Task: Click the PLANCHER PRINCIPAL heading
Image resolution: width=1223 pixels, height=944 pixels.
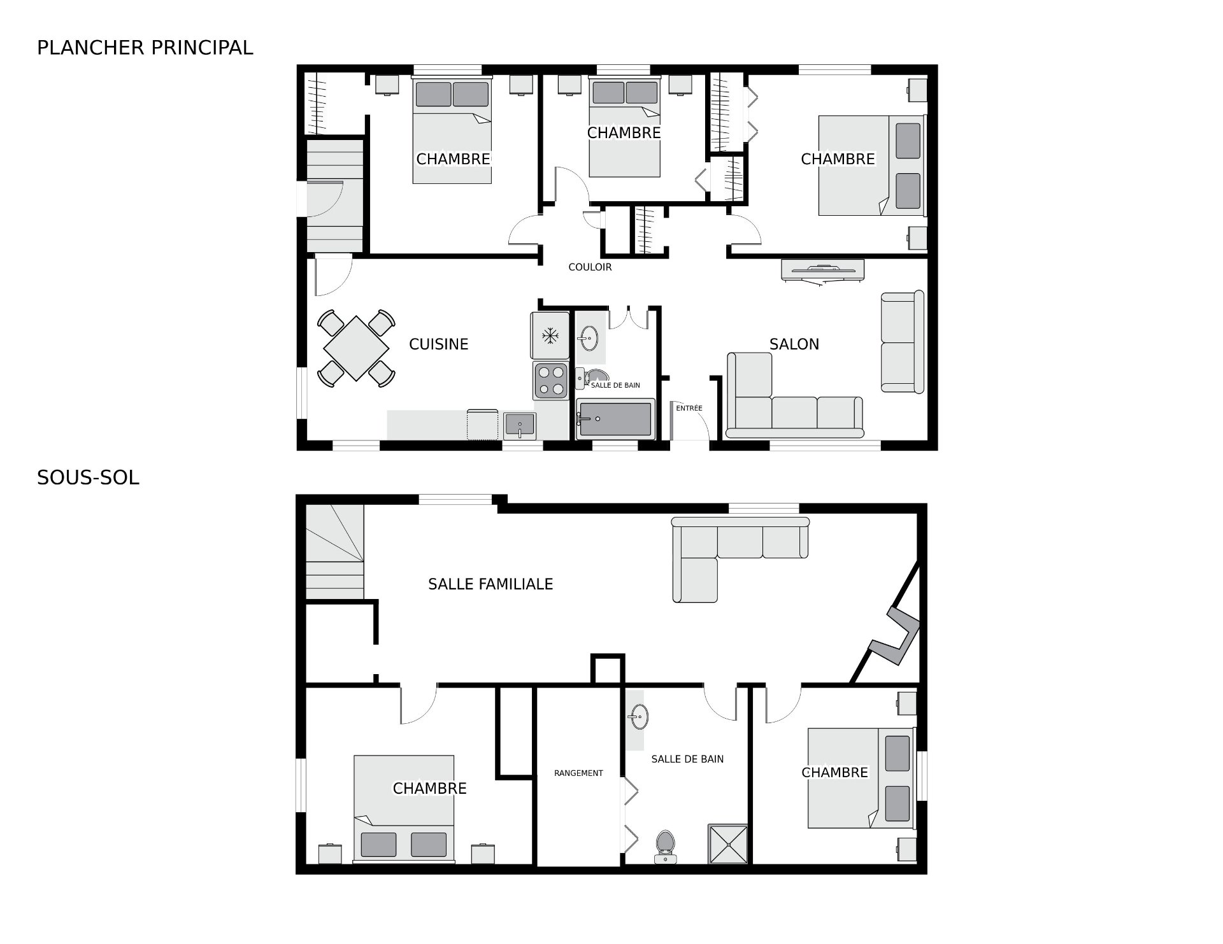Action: point(145,48)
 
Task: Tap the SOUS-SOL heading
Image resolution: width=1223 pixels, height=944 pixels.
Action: point(88,478)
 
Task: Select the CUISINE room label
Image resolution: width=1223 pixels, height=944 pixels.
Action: point(439,344)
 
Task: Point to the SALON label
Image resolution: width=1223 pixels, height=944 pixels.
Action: point(794,344)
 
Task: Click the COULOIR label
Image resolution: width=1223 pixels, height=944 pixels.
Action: point(590,267)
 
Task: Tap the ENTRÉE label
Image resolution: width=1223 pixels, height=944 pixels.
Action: point(689,408)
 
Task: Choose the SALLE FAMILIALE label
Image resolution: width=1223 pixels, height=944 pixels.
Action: point(490,584)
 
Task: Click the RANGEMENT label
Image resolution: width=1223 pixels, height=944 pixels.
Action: point(578,773)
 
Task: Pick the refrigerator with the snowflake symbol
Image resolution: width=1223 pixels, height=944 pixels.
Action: point(550,335)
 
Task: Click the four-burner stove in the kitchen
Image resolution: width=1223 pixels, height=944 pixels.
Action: point(551,381)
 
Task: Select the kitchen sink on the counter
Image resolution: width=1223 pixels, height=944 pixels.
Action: point(520,425)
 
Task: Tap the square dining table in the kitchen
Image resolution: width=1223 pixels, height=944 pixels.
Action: point(356,348)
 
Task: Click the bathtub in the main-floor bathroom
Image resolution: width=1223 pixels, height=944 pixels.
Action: point(615,419)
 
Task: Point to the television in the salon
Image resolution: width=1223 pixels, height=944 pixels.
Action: point(822,270)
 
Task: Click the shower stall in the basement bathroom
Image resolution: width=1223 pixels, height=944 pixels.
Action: point(728,844)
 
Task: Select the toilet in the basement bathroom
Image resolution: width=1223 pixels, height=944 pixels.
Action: point(666,847)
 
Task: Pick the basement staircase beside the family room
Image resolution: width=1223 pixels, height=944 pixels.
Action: point(334,552)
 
